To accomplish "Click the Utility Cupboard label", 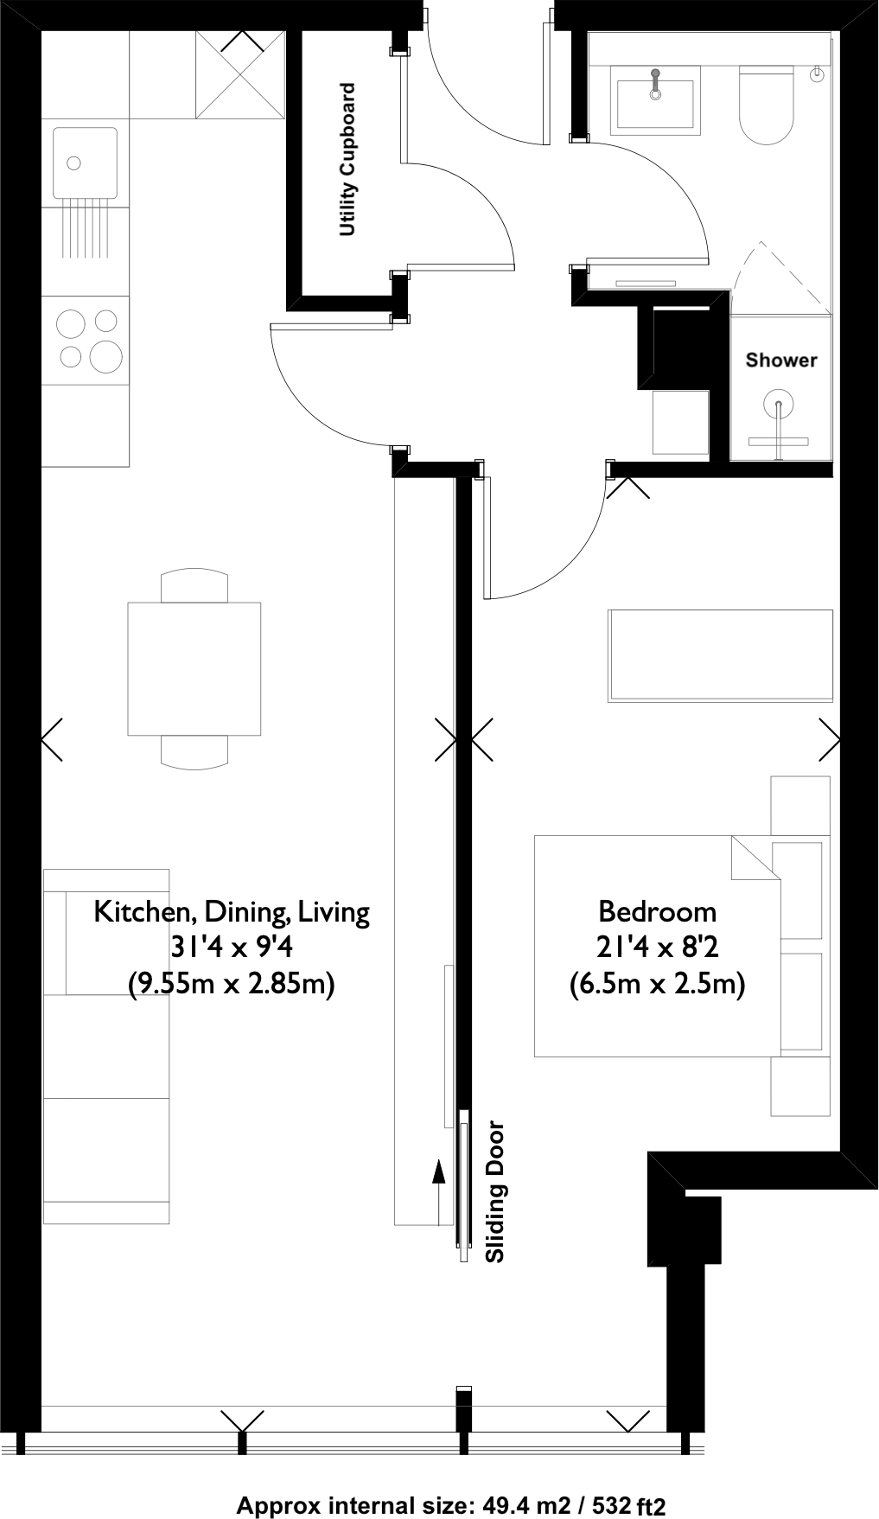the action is click(x=347, y=160).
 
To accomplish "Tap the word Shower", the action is click(x=781, y=360).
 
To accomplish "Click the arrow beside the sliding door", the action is click(x=439, y=1193).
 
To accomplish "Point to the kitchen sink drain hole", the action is click(x=74, y=163).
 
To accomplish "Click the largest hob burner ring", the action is click(x=105, y=355).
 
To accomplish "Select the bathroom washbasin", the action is click(x=655, y=102).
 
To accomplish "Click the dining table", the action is click(x=194, y=668).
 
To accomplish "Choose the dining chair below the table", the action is click(x=194, y=751).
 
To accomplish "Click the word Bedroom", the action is click(x=658, y=911).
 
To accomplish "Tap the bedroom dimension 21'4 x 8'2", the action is click(x=658, y=948).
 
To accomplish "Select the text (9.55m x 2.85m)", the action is click(x=232, y=985).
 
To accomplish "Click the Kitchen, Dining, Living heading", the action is click(x=232, y=912).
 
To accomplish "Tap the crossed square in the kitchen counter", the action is click(x=240, y=74).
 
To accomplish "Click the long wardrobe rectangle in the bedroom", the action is click(x=720, y=655).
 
